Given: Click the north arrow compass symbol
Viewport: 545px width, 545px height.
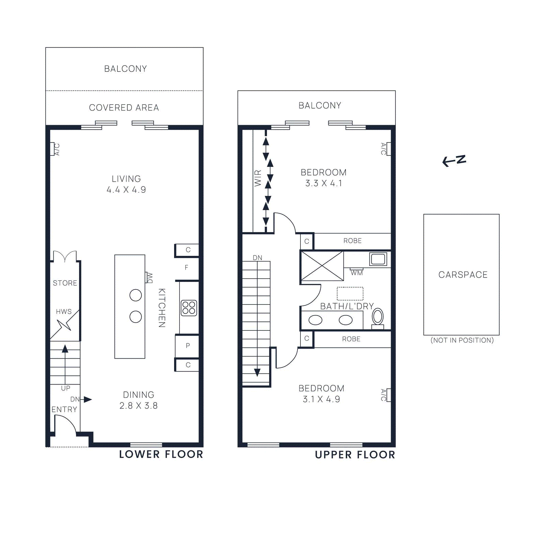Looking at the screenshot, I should point(454,160).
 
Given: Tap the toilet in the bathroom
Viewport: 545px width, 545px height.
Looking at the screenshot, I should point(377,317).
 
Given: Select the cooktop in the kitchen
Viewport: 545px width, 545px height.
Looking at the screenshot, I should point(189,308).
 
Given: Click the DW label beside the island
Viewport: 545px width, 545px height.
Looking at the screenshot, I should point(149,278).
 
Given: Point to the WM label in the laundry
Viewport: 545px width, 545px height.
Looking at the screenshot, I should point(357,273).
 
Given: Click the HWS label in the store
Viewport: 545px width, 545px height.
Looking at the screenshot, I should point(64,312).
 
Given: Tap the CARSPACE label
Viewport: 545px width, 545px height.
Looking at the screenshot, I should point(463,275).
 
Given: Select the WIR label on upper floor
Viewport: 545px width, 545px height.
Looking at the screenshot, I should point(258,178).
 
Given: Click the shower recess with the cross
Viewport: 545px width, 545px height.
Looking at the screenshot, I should point(322,266).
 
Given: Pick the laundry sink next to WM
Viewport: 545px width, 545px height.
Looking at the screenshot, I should point(378,259).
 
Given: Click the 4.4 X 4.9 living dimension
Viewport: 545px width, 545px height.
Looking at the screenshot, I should point(126,190).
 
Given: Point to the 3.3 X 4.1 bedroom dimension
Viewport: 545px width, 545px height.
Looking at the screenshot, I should point(323,183).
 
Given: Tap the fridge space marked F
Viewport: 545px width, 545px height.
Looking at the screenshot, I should point(186,267).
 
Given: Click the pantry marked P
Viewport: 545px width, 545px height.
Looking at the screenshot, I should point(188,345).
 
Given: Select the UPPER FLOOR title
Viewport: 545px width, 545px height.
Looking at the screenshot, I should point(355,455).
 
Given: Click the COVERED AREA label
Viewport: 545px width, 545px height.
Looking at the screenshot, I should point(124,108).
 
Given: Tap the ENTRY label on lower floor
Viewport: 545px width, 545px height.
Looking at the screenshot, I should point(64,409).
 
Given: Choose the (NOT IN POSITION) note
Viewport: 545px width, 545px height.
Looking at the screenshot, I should point(462,340).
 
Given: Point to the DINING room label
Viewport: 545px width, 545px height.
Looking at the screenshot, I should point(138,395).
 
